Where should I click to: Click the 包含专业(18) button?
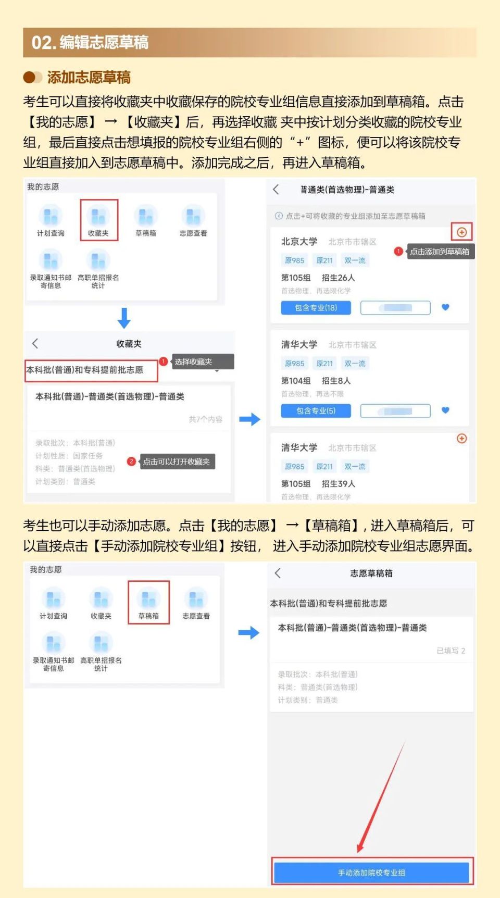pos(316,308)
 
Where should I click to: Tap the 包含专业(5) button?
pos(316,411)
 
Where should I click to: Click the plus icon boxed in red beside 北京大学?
pos(461,232)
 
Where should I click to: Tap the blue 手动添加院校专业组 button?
pos(371,872)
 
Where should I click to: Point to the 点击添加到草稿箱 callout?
pos(439,252)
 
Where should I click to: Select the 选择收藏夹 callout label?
pos(193,361)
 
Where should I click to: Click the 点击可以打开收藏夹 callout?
pos(176,462)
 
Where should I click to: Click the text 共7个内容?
pos(205,419)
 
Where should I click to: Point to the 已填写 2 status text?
pos(451,651)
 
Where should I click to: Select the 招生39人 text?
pos(338,484)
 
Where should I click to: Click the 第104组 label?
pos(296,381)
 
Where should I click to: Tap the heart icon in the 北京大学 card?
pos(445,307)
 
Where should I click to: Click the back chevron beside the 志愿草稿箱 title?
pos(278,573)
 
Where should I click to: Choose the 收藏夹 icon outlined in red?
pos(99,220)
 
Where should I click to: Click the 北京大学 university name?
pos(299,242)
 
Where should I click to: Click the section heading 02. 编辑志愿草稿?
pos(90,42)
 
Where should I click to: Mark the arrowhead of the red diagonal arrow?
pos(360,849)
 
